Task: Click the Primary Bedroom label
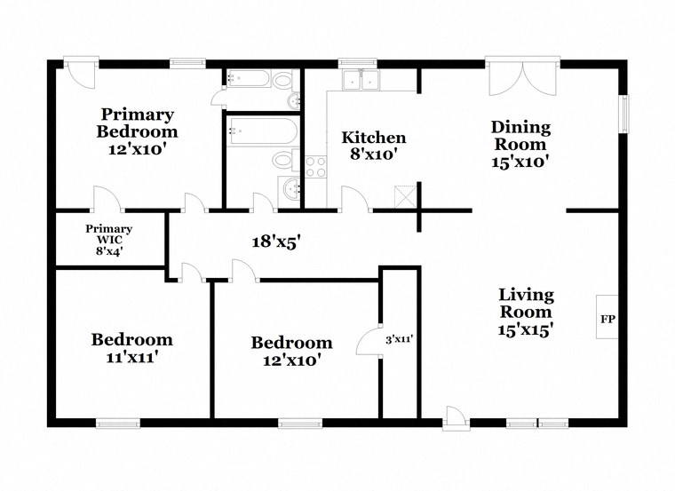[x=137, y=131]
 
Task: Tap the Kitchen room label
[x=374, y=146]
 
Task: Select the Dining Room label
[x=520, y=144]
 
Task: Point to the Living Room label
[x=526, y=312]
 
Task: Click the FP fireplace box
[x=608, y=317]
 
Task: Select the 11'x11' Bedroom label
[x=131, y=348]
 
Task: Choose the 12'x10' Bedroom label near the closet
[x=291, y=351]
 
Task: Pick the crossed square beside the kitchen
[x=405, y=196]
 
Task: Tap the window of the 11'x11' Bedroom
[x=118, y=423]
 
